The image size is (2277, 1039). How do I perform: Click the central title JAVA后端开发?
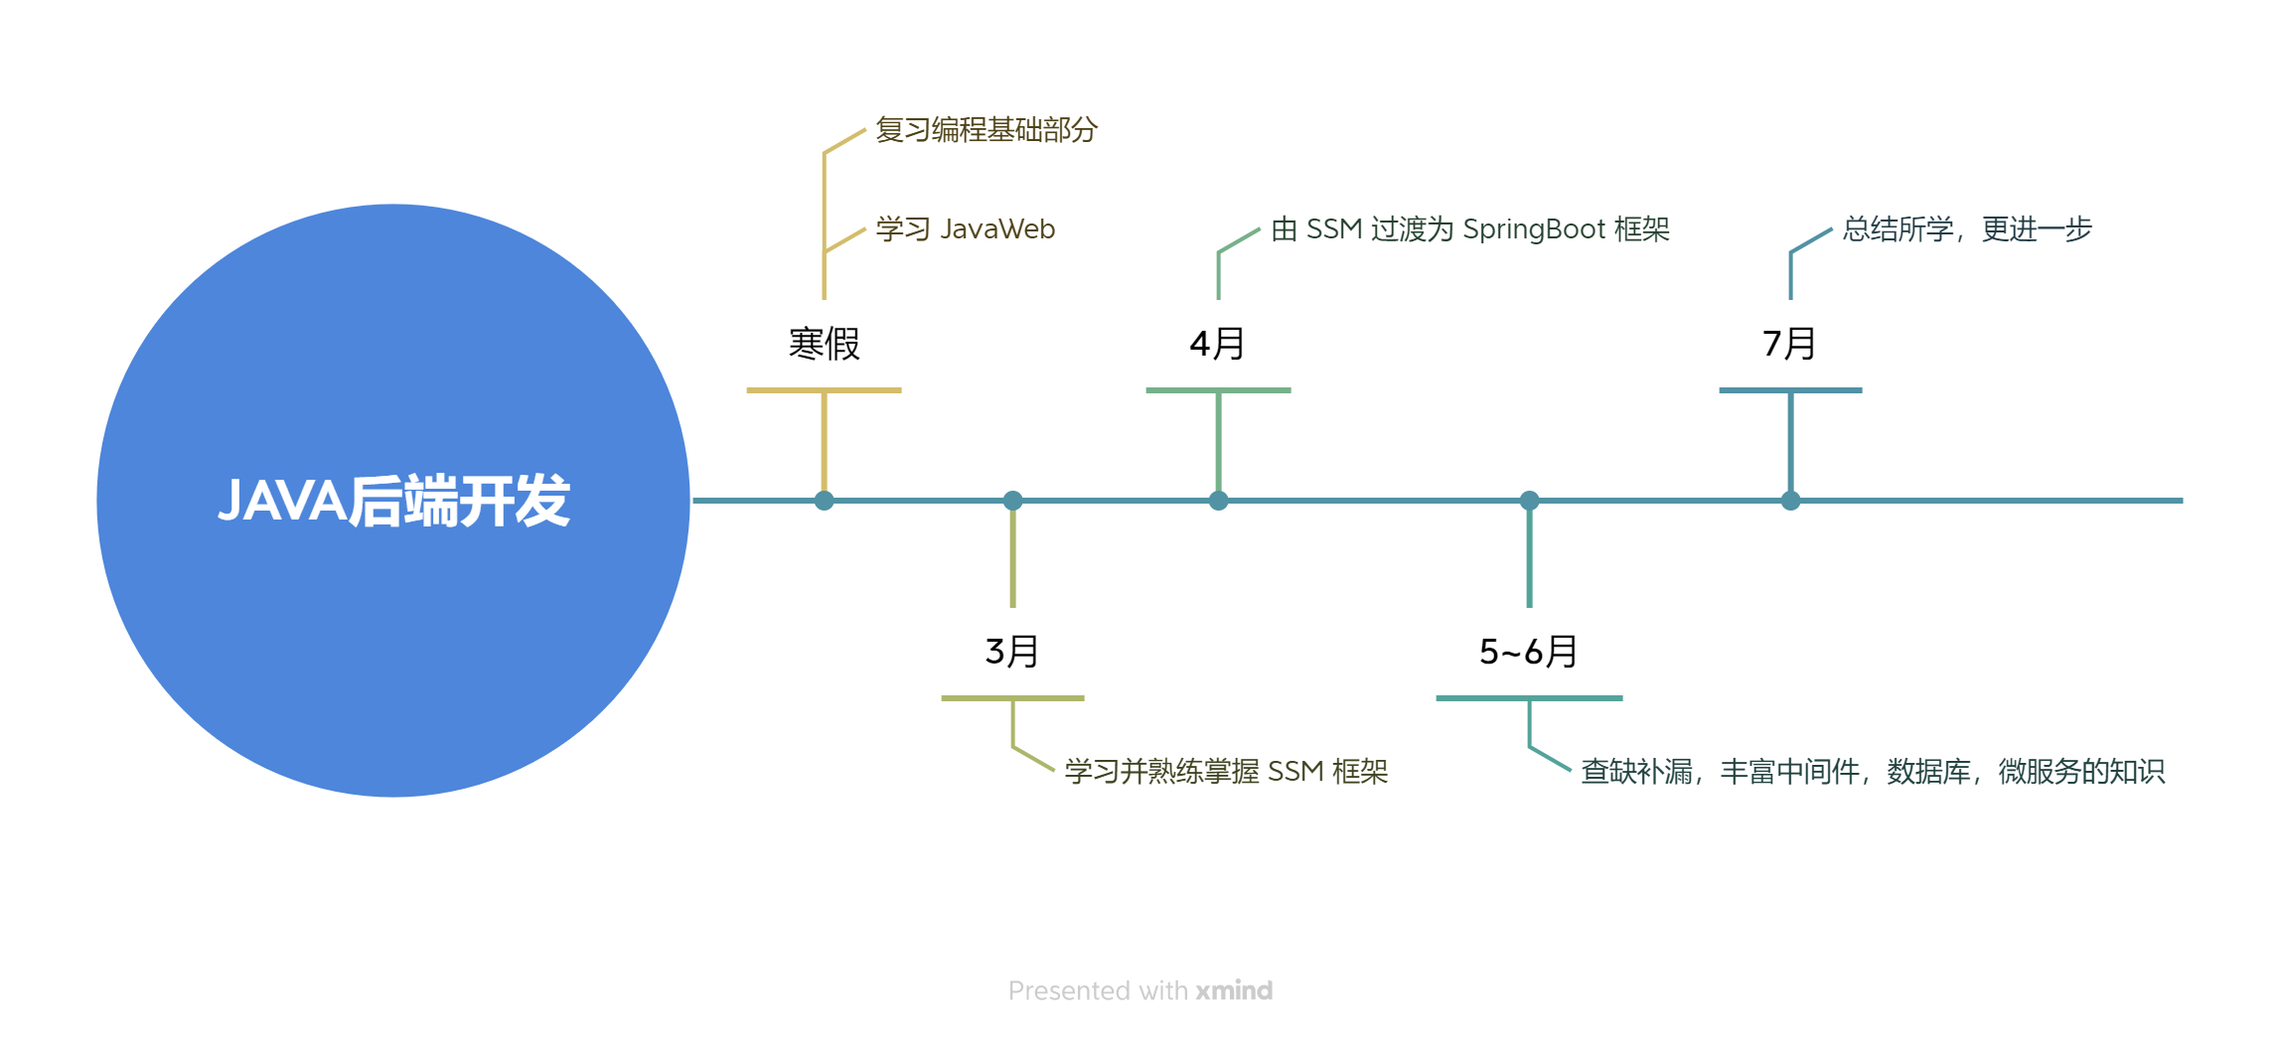tap(393, 501)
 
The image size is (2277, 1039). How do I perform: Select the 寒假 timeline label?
tap(824, 345)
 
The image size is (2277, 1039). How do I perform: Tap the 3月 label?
tap(1011, 653)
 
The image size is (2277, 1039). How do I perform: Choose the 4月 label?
tap(1217, 345)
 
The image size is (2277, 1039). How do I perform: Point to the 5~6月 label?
tap(1528, 653)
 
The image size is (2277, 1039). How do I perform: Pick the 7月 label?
tap(1789, 345)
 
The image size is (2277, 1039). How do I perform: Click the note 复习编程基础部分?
tap(986, 130)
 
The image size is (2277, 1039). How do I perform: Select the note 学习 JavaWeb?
tap(965, 229)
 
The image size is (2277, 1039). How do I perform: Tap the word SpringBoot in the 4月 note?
tap(1534, 229)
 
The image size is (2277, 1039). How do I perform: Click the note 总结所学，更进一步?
tap(1967, 229)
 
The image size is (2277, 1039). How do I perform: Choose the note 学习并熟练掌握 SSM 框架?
tap(1226, 772)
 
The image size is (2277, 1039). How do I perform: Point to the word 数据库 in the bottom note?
tap(1928, 772)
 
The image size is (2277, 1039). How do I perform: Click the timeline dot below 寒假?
tap(824, 501)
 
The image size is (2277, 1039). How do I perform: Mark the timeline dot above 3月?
tap(1012, 501)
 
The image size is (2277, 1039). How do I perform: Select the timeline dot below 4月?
tap(1218, 501)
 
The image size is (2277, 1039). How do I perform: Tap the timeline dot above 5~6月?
tap(1529, 501)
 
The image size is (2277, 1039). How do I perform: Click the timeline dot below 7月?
tap(1790, 501)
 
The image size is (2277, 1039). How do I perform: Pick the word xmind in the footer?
tap(1234, 990)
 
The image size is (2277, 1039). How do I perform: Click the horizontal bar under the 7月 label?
tap(1790, 390)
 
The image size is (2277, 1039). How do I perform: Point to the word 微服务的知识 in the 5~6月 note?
tap(2081, 772)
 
